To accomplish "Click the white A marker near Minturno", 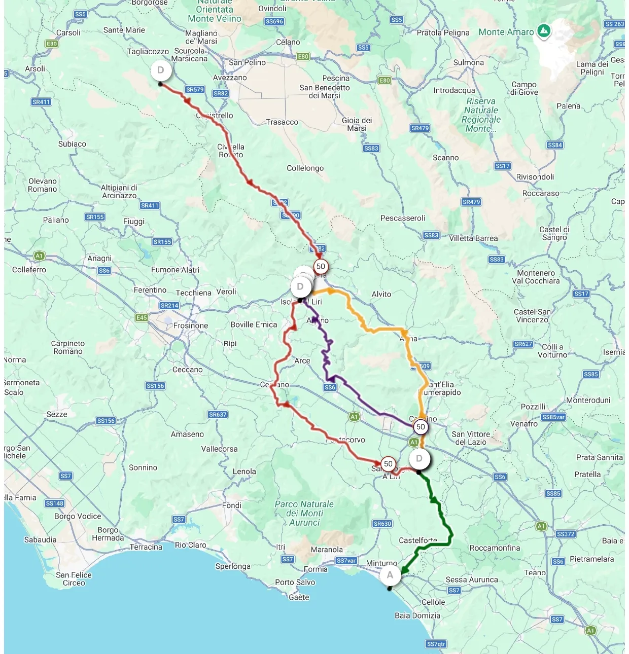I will click(390, 575).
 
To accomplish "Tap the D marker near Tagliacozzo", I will click(161, 70).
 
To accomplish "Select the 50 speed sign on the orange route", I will click(421, 427).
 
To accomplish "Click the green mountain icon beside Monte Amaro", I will click(544, 31).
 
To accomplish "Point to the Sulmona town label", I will click(468, 63).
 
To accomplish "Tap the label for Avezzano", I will click(230, 78).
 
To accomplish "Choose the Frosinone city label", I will click(191, 325).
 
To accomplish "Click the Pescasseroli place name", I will click(403, 218).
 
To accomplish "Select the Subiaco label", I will click(72, 144).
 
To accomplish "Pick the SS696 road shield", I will click(274, 21).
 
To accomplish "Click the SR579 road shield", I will click(195, 90).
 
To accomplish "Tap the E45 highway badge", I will click(142, 318).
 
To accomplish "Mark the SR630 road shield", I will click(382, 524).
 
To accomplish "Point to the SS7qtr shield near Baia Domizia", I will click(436, 644).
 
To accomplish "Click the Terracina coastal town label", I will click(146, 547).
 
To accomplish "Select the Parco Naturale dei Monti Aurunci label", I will click(304, 513).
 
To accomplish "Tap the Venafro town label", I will click(524, 424).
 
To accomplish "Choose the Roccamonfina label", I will click(495, 548).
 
